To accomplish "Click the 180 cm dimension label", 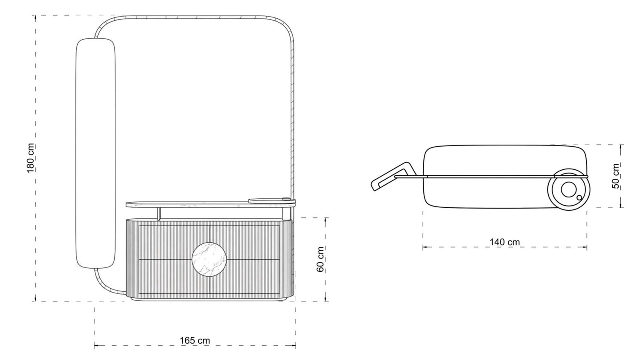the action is point(30,158).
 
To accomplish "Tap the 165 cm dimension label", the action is point(195,340).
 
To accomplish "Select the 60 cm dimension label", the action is point(320,259).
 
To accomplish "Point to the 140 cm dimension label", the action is point(505,242).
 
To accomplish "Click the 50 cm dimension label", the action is point(616,176).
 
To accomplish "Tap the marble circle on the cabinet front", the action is point(209,259).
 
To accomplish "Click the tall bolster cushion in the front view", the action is point(96,153).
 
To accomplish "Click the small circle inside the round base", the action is point(579,197).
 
